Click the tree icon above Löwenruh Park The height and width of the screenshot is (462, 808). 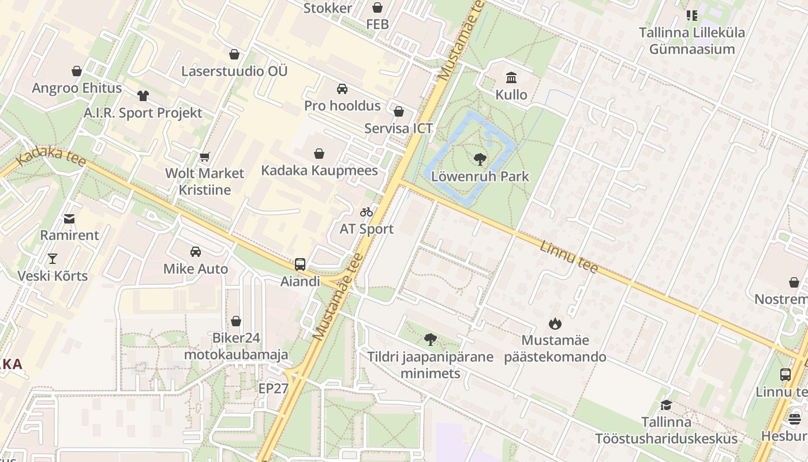(479, 159)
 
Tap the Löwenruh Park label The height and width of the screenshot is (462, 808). (480, 177)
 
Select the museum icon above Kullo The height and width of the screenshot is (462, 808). (511, 77)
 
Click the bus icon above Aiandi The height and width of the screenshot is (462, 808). (300, 264)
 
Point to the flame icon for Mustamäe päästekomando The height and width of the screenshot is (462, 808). (555, 323)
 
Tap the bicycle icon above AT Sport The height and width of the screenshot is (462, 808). (366, 212)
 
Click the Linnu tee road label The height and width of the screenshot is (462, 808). (568, 256)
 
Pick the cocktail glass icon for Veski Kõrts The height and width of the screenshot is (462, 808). (53, 259)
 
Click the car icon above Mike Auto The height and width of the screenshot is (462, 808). (196, 252)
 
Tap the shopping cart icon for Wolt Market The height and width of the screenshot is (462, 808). (204, 157)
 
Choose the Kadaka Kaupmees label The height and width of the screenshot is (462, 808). (320, 170)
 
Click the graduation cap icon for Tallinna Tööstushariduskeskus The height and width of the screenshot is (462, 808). (666, 405)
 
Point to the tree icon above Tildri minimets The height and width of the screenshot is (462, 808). (430, 340)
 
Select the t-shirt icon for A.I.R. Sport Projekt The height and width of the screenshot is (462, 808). (143, 96)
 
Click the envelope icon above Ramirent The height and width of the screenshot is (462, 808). (69, 218)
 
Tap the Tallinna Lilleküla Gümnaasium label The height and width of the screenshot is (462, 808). (691, 40)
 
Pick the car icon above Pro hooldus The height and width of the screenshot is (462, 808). (342, 89)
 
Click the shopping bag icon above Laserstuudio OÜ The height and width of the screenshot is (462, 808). (234, 54)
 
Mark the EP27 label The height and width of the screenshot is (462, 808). (273, 388)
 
